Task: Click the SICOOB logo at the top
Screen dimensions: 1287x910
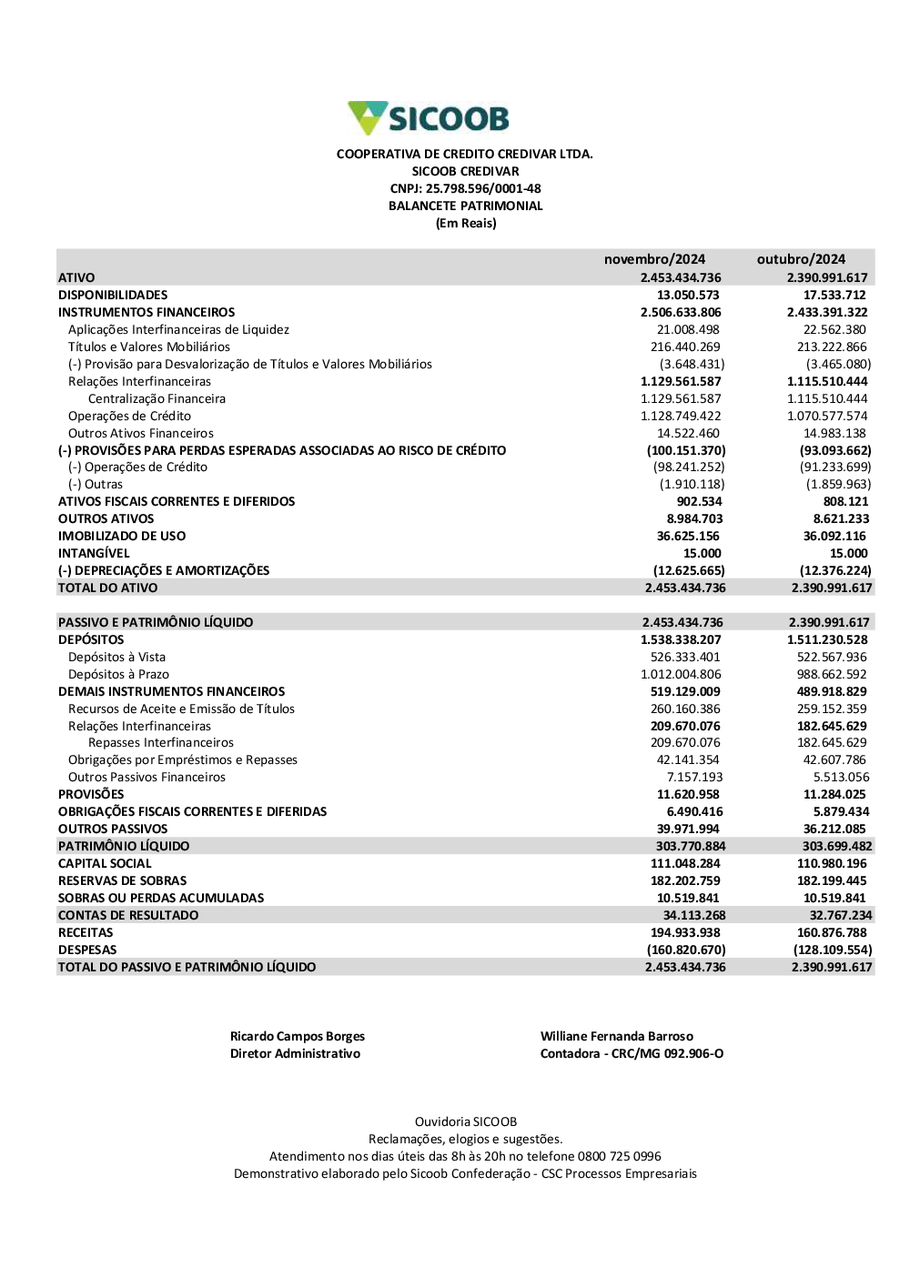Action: click(429, 118)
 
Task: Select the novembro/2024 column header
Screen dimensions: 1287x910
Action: click(654, 259)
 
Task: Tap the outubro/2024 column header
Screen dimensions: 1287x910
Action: click(801, 259)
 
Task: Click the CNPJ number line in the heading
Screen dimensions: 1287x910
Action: click(465, 188)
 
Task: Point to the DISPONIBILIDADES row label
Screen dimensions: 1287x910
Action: click(113, 295)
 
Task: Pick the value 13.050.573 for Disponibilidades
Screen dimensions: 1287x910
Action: click(688, 295)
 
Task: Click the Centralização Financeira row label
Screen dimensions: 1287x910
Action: click(157, 398)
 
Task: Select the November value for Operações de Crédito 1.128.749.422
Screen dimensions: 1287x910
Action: click(681, 416)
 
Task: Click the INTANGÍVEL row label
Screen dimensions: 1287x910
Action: click(94, 553)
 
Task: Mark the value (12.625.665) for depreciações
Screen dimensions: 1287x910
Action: click(689, 570)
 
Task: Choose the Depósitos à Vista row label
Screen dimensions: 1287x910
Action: click(116, 657)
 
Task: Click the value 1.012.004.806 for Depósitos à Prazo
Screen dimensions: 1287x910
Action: click(681, 674)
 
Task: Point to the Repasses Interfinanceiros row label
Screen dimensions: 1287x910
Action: click(161, 742)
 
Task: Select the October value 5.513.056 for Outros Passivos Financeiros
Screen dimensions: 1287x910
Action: click(841, 777)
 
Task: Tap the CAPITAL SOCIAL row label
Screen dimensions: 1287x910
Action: click(105, 863)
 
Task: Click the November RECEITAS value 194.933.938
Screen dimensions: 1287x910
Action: click(685, 932)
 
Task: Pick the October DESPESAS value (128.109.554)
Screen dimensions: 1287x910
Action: click(832, 950)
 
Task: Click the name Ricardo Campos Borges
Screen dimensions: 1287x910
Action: click(298, 1036)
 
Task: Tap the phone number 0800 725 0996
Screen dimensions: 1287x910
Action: click(619, 1156)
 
